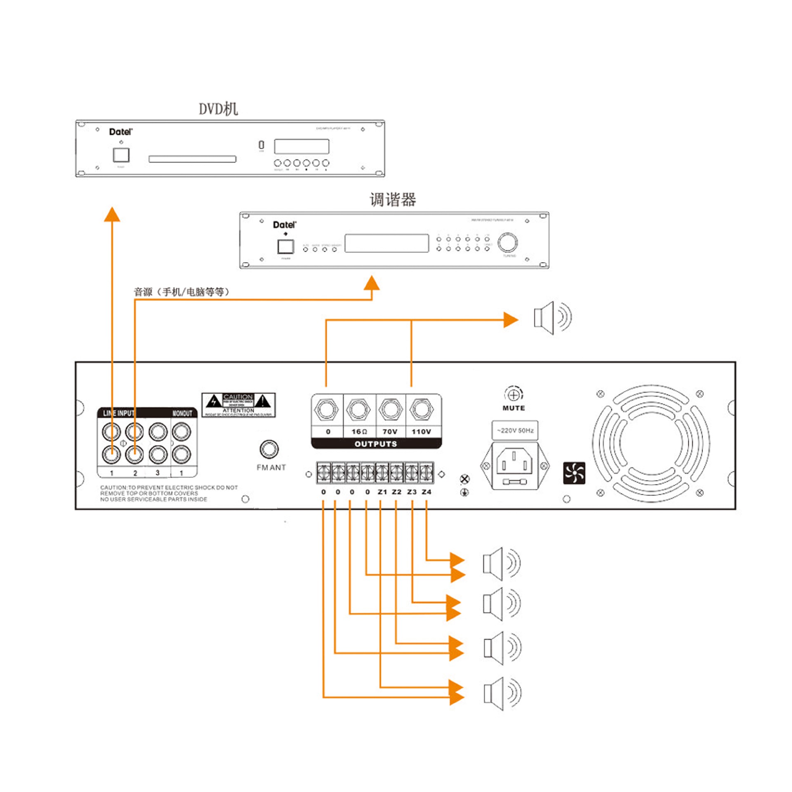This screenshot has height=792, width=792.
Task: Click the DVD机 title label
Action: (218, 109)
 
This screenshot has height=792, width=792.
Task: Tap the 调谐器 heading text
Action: (392, 200)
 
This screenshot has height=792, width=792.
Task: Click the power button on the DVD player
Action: (121, 155)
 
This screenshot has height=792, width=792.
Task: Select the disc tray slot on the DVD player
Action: (192, 159)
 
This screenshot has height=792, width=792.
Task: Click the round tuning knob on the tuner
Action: (507, 242)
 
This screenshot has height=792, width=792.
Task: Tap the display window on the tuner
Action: (387, 243)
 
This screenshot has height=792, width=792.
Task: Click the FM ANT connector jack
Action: (269, 449)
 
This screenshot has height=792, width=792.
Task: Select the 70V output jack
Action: (390, 410)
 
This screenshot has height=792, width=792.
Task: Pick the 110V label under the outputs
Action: (421, 431)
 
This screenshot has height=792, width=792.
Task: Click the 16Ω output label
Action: (359, 431)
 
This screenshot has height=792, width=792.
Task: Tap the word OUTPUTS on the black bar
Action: (376, 444)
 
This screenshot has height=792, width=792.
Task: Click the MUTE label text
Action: (514, 408)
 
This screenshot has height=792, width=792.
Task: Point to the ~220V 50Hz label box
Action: (515, 430)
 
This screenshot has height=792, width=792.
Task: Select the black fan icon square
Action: (574, 473)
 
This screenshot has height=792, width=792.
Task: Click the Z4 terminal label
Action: (427, 492)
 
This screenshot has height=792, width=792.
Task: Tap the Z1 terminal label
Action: (382, 492)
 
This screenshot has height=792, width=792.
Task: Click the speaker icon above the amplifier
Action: (552, 318)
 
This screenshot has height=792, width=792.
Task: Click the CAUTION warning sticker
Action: (238, 405)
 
